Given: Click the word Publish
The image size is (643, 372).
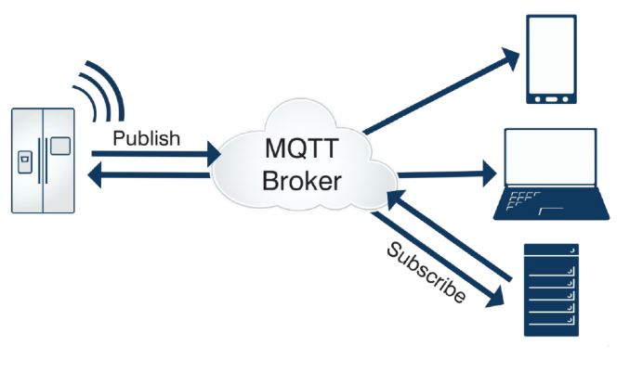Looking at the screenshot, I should coord(146,138).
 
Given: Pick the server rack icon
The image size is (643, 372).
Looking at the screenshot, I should coord(551,289).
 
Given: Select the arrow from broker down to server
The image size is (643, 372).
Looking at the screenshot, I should coord(437,260).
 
